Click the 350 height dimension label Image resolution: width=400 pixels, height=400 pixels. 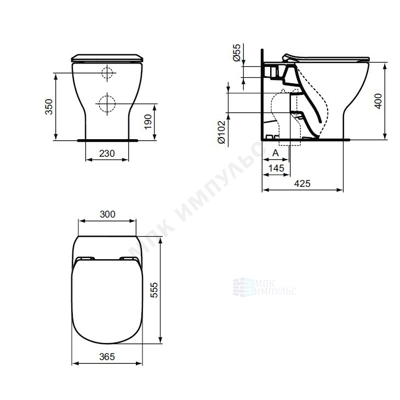(x=48, y=107)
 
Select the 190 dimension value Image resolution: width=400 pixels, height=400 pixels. (x=148, y=122)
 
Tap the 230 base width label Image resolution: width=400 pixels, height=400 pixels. (x=107, y=153)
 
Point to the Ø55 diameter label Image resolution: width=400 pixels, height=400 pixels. (x=237, y=53)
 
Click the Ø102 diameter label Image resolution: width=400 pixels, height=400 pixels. (x=221, y=132)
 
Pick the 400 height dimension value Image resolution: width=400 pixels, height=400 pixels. (x=378, y=101)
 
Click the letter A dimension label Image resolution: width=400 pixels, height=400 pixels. (x=276, y=153)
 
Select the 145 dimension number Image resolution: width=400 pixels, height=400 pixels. (x=276, y=168)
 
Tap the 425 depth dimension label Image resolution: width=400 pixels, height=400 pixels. (x=302, y=184)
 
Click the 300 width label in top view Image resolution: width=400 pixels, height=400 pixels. (x=107, y=214)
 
